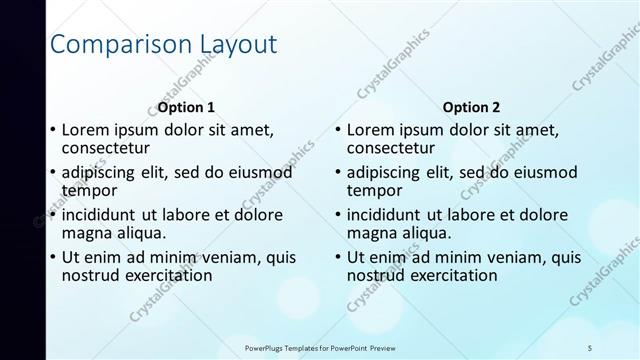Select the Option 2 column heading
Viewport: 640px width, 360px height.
click(471, 107)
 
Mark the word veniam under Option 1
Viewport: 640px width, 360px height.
click(225, 257)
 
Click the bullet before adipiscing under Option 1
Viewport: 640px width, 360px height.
click(53, 173)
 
